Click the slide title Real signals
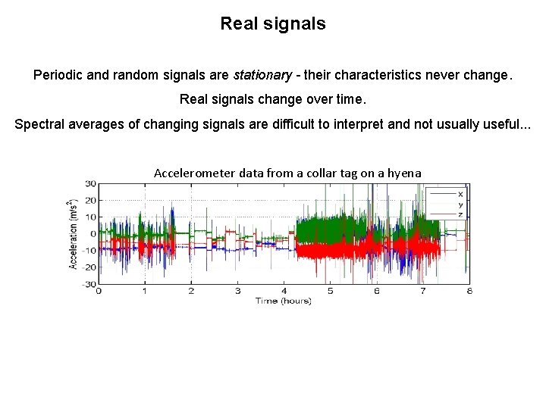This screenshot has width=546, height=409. click(x=273, y=23)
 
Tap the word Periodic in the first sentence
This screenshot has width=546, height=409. click(x=58, y=76)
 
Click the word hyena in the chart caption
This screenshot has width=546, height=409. click(x=404, y=173)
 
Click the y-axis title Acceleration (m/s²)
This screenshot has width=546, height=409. click(x=74, y=234)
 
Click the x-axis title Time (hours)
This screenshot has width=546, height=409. click(x=283, y=301)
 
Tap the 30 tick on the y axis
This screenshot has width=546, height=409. click(x=90, y=183)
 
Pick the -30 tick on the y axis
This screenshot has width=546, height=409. click(x=89, y=284)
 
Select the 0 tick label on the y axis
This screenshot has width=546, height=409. click(x=93, y=233)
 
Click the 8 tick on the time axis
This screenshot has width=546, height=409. click(x=469, y=292)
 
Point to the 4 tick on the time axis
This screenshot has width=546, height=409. click(x=284, y=292)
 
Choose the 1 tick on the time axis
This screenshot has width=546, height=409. click(x=145, y=292)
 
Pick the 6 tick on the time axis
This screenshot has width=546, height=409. click(x=377, y=292)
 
